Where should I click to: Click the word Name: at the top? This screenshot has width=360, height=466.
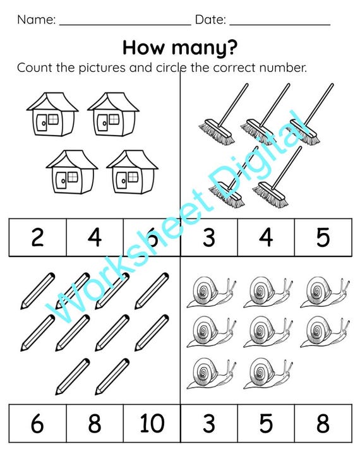(36, 20)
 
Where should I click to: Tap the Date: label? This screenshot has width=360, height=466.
(210, 20)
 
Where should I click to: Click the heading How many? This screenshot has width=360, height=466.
(180, 48)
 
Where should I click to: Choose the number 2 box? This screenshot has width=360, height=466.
(37, 237)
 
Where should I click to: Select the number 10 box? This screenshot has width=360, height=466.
(152, 423)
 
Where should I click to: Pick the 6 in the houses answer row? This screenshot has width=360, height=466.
(152, 237)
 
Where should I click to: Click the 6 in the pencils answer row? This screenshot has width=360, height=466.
(37, 423)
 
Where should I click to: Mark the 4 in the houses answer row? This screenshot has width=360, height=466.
(95, 237)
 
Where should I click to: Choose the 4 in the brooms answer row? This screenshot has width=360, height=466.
(266, 237)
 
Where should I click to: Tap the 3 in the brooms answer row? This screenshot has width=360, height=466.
(209, 237)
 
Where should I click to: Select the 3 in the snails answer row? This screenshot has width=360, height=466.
(209, 423)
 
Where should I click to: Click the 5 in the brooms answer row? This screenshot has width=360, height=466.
(323, 237)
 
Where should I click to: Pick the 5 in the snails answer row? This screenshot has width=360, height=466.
(266, 423)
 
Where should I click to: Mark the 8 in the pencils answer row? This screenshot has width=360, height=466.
(95, 423)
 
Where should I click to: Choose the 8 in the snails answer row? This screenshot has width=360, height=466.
(323, 423)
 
